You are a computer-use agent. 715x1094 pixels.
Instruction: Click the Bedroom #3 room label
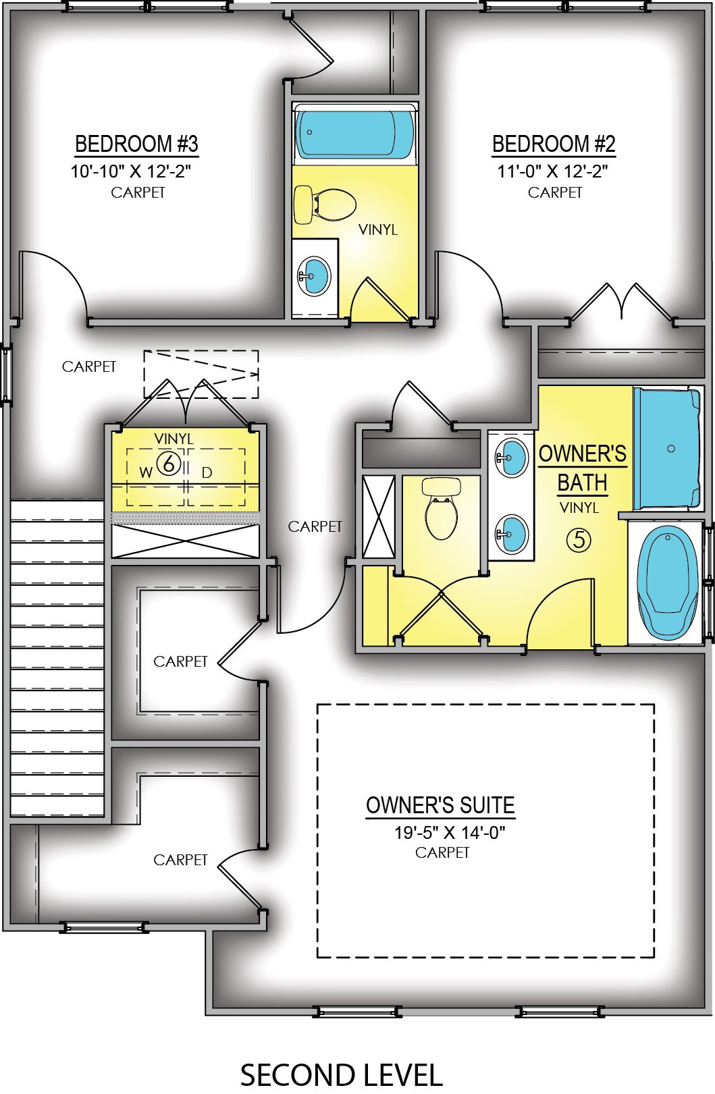[136, 144]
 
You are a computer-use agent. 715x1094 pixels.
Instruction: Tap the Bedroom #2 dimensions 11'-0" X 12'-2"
[552, 171]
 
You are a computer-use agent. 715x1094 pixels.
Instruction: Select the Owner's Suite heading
[440, 805]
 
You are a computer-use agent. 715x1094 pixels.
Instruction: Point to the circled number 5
[579, 539]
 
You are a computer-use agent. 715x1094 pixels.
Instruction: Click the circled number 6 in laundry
[168, 463]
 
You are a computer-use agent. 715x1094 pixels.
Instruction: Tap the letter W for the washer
[146, 472]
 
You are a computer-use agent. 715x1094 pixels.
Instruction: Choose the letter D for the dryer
[207, 472]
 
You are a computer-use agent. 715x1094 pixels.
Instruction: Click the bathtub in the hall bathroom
[355, 133]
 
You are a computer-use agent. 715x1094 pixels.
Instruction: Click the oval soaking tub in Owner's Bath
[668, 582]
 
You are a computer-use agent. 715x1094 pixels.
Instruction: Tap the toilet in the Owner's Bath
[442, 510]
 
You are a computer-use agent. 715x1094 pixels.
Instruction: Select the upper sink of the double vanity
[510, 457]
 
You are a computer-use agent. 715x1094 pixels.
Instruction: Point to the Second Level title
[341, 1074]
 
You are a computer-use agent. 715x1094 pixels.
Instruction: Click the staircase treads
[57, 658]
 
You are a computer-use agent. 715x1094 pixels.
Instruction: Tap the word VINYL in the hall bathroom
[378, 230]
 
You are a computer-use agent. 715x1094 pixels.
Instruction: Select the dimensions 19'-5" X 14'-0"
[450, 833]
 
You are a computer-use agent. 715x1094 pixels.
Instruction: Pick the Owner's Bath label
[582, 468]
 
